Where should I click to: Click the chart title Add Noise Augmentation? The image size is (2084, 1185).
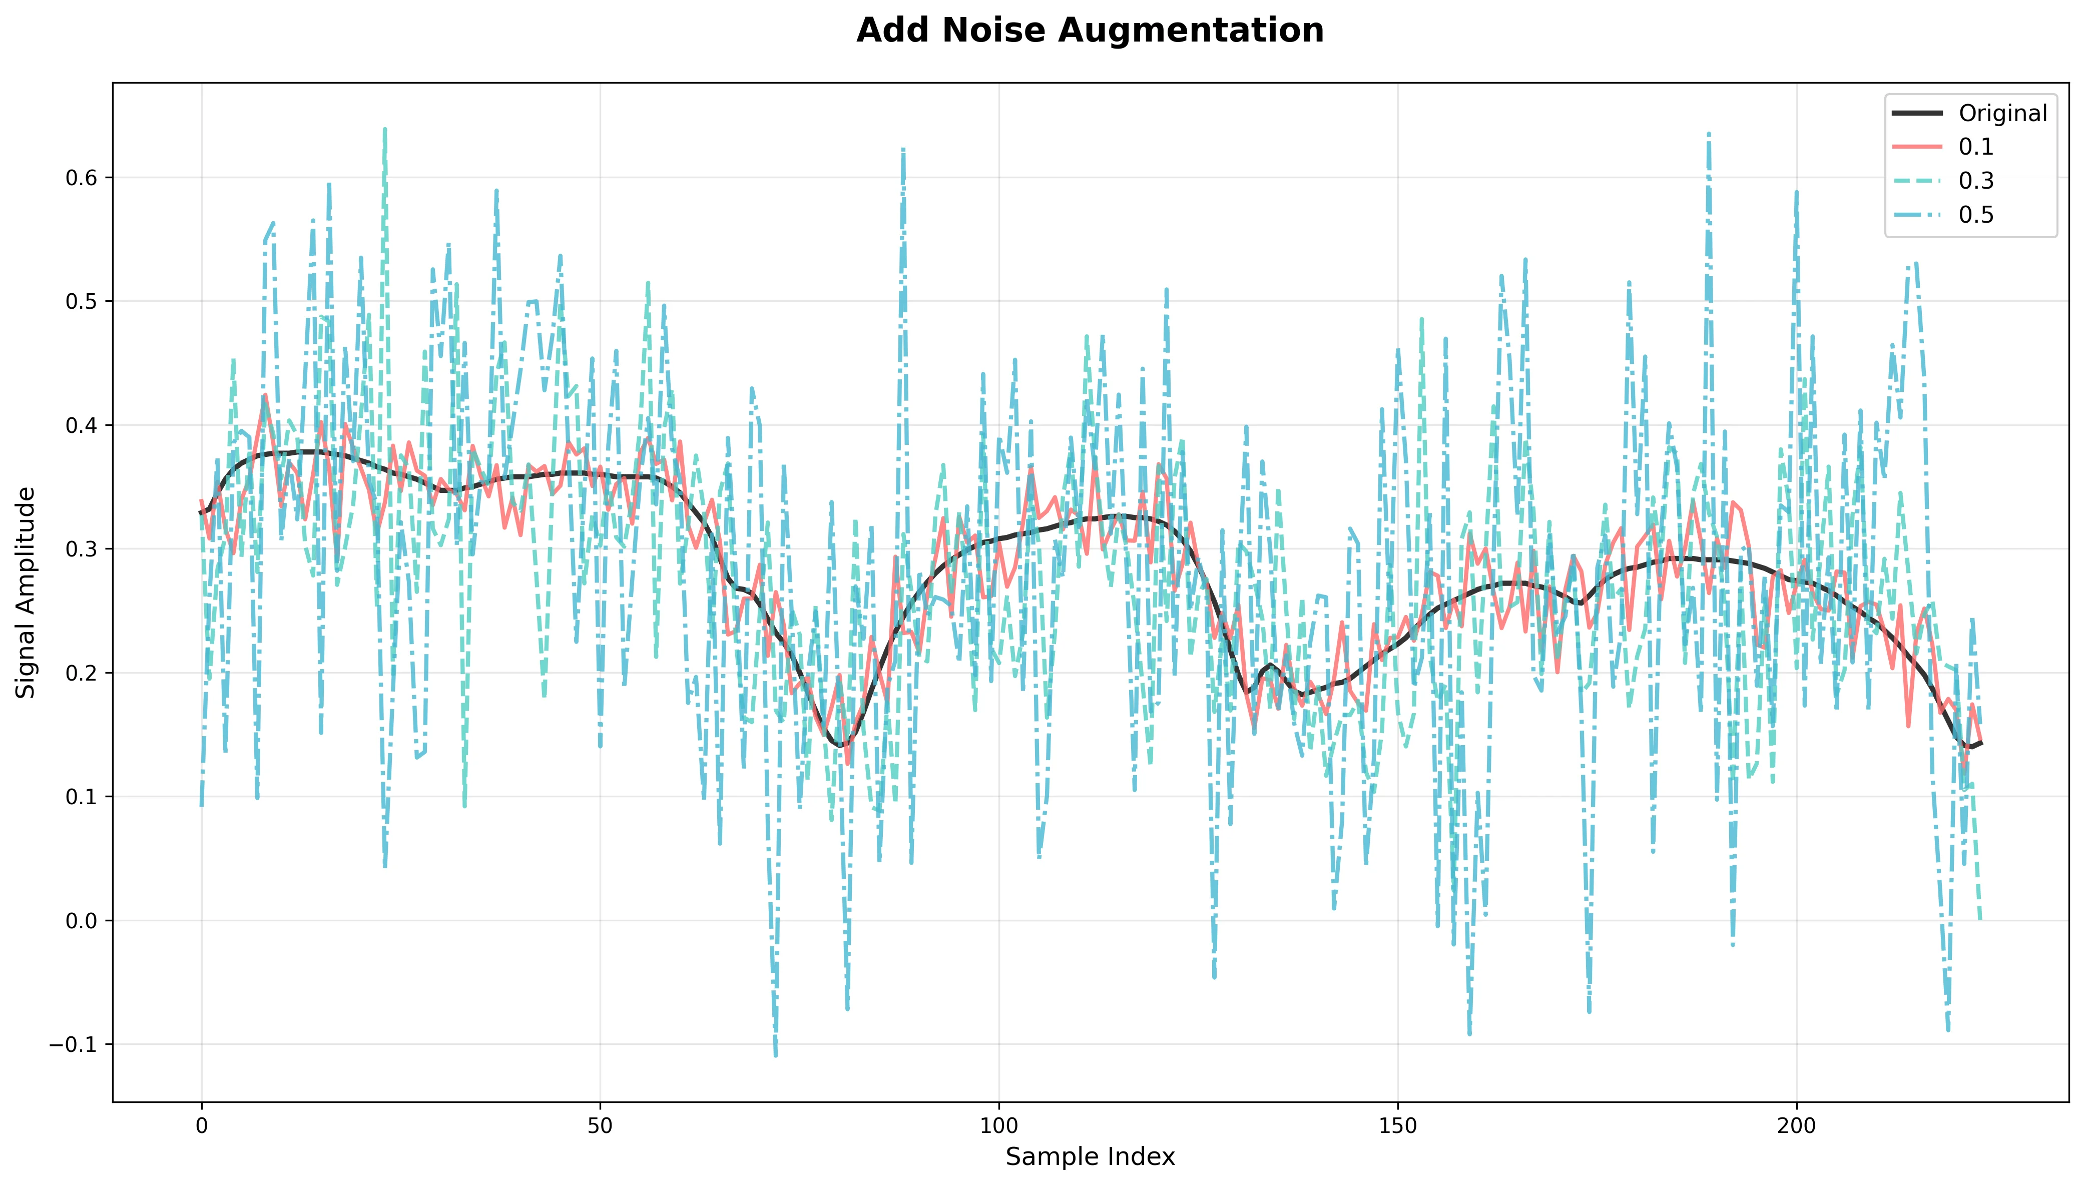point(1090,31)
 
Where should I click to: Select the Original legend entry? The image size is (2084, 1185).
point(2002,113)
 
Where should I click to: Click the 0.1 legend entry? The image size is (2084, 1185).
point(1976,147)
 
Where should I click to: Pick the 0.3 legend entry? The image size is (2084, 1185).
point(1976,181)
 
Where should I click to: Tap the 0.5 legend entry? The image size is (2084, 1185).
point(1976,215)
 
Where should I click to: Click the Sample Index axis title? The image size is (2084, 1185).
point(1090,1156)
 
